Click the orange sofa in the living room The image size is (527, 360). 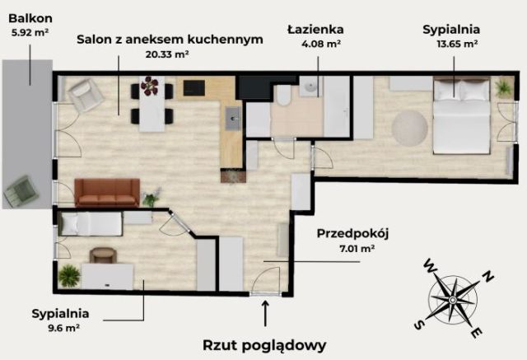point(107,193)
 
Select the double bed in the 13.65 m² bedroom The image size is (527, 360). point(461,115)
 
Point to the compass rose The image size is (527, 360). point(452,299)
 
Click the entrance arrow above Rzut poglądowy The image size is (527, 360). point(265,313)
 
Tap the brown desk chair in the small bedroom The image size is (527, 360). point(101,256)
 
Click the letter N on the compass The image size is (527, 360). point(487,278)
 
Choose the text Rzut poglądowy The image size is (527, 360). point(265,344)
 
